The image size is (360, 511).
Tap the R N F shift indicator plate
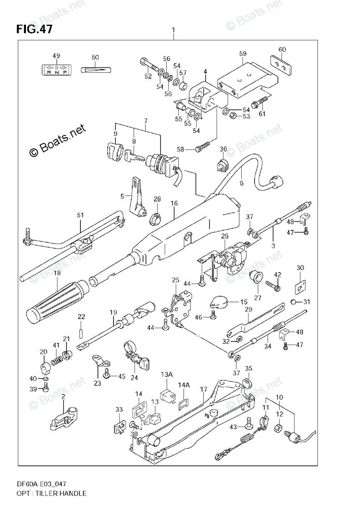[56, 69]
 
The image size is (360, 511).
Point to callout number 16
[174, 204]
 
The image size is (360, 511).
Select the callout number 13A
[166, 374]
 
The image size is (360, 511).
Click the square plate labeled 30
[300, 286]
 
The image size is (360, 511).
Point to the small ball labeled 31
[294, 302]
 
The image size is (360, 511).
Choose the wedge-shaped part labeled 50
[95, 69]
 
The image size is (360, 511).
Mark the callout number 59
[243, 54]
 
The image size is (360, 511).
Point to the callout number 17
[203, 389]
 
